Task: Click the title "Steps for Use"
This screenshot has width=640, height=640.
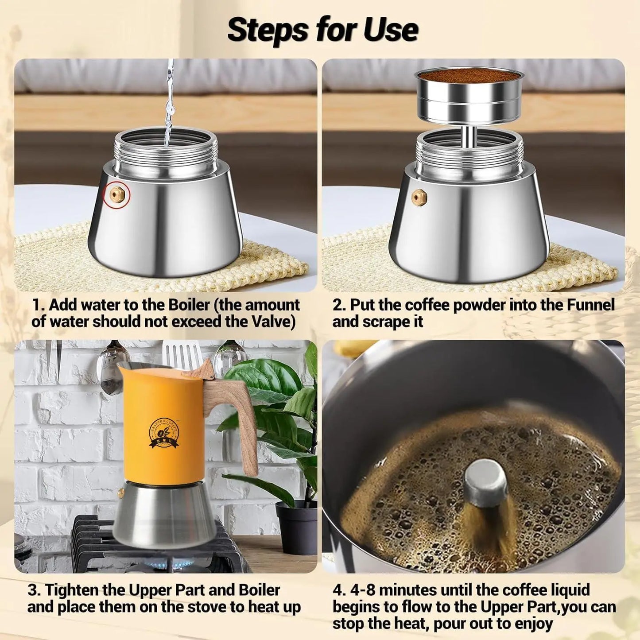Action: [322, 30]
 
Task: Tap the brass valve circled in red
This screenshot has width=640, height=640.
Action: [117, 195]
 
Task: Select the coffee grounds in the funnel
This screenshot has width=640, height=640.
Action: [469, 76]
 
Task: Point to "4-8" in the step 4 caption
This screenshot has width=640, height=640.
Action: [361, 590]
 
